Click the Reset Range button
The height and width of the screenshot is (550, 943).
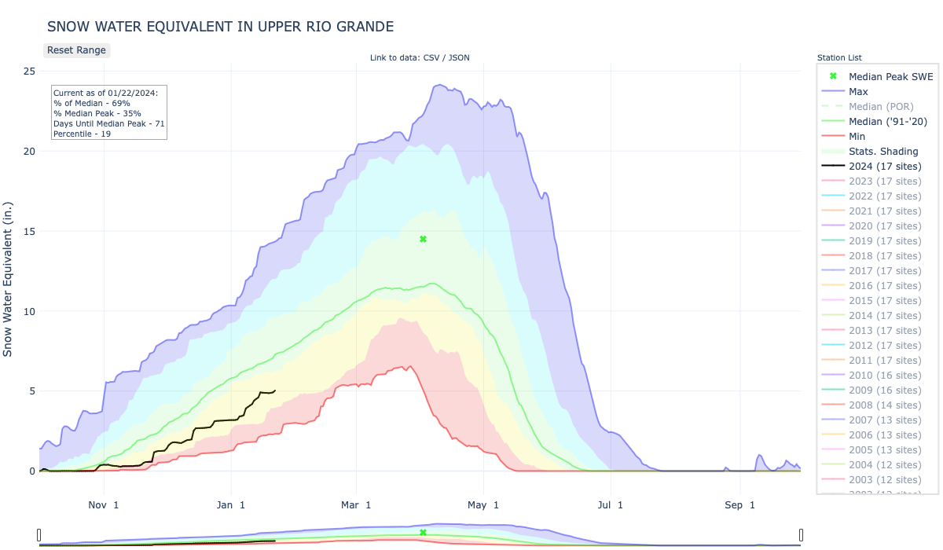coord(76,50)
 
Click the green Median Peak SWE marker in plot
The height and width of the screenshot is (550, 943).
coord(423,239)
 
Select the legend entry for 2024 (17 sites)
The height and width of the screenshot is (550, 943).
coord(885,167)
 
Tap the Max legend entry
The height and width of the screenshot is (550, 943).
coord(858,91)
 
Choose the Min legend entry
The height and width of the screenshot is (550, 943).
coord(857,137)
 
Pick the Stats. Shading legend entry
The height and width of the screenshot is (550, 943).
coord(883,152)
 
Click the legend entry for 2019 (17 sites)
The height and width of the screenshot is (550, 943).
coord(885,241)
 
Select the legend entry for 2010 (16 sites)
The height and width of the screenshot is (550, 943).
coord(885,376)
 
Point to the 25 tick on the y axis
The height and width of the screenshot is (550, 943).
coord(28,71)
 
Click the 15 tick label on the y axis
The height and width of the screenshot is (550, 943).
coord(28,232)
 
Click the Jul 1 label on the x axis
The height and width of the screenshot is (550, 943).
coord(610,505)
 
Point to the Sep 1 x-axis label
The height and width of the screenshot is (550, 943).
coord(739,505)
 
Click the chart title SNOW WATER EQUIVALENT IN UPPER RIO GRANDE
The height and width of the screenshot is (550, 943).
coord(220,27)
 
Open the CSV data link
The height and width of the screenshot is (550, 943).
coord(431,58)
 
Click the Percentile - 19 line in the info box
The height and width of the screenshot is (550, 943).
coord(83,134)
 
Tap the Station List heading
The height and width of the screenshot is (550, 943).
coord(839,58)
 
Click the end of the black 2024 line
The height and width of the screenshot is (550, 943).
coord(275,390)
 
